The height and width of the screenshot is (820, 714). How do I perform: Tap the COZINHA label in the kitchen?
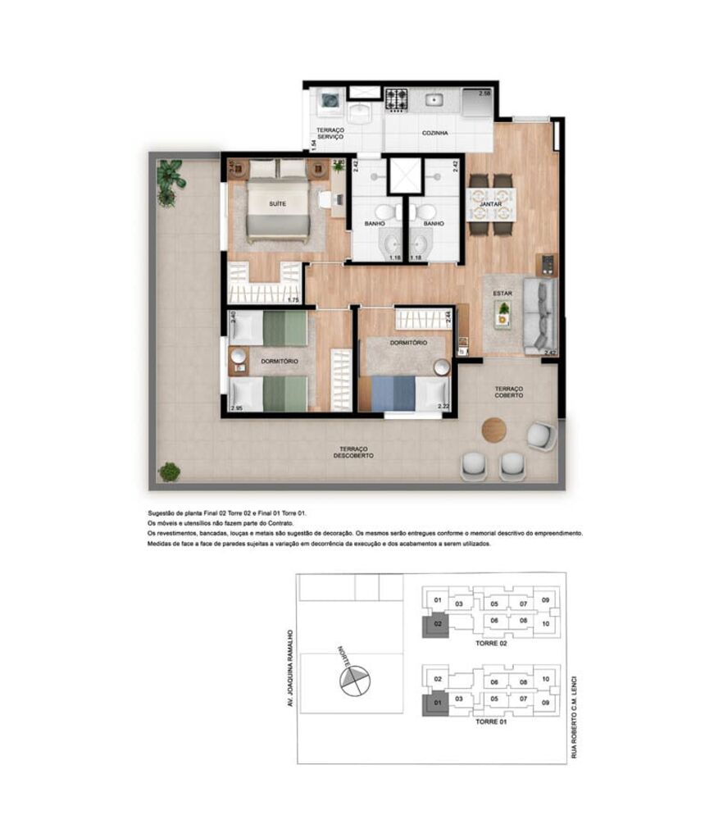434,132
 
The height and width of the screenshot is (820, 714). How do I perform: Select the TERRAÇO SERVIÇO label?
330,133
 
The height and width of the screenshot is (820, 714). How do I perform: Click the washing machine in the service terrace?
330,101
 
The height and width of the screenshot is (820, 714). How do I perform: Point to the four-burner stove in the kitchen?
398,101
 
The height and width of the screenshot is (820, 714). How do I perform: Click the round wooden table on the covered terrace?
494,430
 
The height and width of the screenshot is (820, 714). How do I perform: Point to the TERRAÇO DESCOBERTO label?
355,452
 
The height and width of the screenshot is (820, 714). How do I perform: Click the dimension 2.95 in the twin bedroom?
237,408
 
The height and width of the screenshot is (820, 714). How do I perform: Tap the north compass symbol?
352,679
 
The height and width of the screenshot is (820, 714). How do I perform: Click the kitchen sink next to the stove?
434,100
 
